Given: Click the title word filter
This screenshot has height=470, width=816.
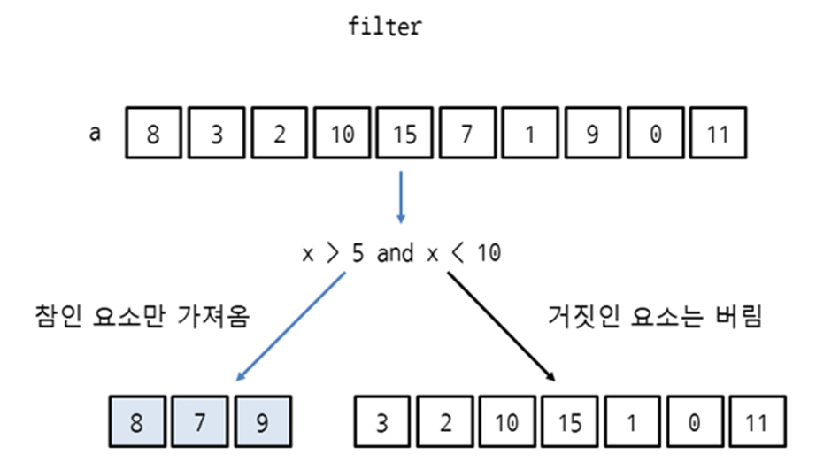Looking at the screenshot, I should coord(385,27).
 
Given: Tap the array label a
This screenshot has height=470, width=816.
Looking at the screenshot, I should coord(95,134).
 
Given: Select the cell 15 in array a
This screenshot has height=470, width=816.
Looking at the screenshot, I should coord(404,135).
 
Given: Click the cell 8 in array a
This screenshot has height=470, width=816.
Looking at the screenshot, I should coord(154,135).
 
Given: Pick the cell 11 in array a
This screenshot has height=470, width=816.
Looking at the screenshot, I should coord(717,135).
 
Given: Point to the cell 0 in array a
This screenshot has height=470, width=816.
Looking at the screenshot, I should coord(654,135).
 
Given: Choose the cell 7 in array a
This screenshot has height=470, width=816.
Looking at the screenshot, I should coord(466,135).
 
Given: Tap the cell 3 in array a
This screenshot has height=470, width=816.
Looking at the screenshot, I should coord(217,135).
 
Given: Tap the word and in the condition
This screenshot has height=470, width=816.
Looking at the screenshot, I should coord(395,254).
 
